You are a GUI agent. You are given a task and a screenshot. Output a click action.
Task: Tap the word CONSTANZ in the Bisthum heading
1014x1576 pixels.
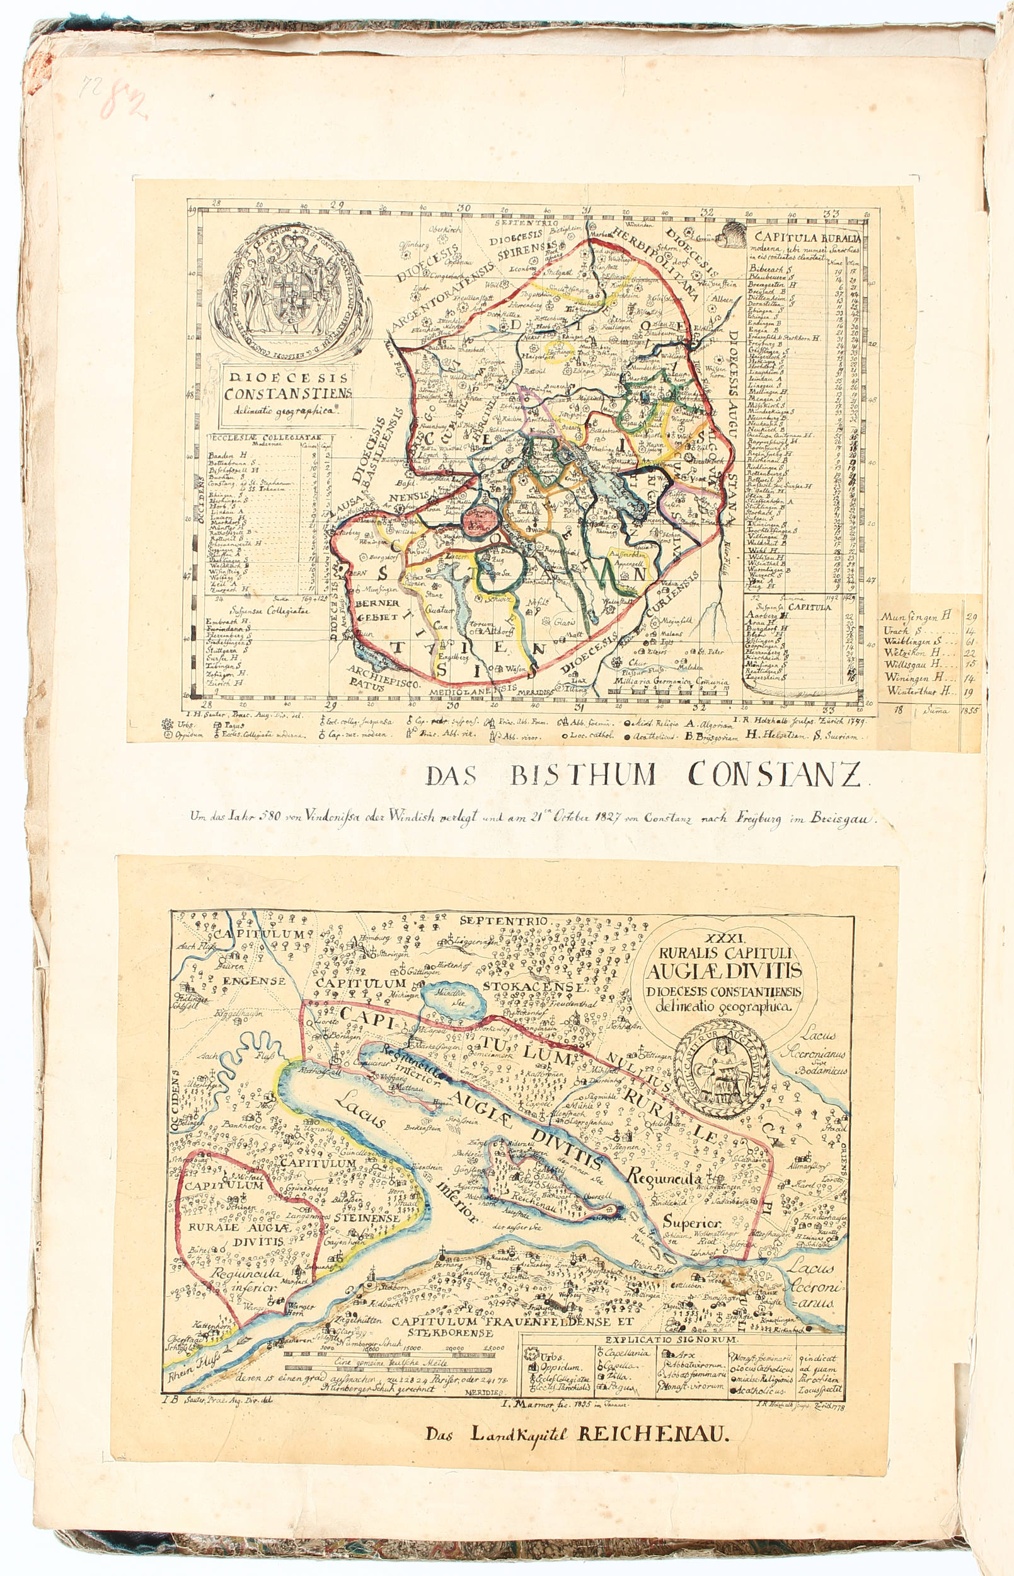point(775,775)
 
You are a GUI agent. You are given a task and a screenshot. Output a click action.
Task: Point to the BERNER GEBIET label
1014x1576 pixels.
point(377,610)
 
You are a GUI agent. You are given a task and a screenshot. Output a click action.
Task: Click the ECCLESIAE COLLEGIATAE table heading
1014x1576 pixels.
point(264,437)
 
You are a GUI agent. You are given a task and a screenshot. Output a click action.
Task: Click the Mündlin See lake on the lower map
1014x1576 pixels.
point(453,1002)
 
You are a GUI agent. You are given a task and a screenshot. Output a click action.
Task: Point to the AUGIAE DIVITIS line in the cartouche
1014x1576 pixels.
point(723,971)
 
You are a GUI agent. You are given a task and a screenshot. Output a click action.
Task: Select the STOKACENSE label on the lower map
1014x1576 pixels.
point(534,987)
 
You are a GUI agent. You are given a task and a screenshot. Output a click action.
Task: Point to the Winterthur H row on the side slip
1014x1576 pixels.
point(920,692)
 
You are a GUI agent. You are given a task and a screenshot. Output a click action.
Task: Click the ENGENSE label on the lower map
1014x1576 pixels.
point(253,982)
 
